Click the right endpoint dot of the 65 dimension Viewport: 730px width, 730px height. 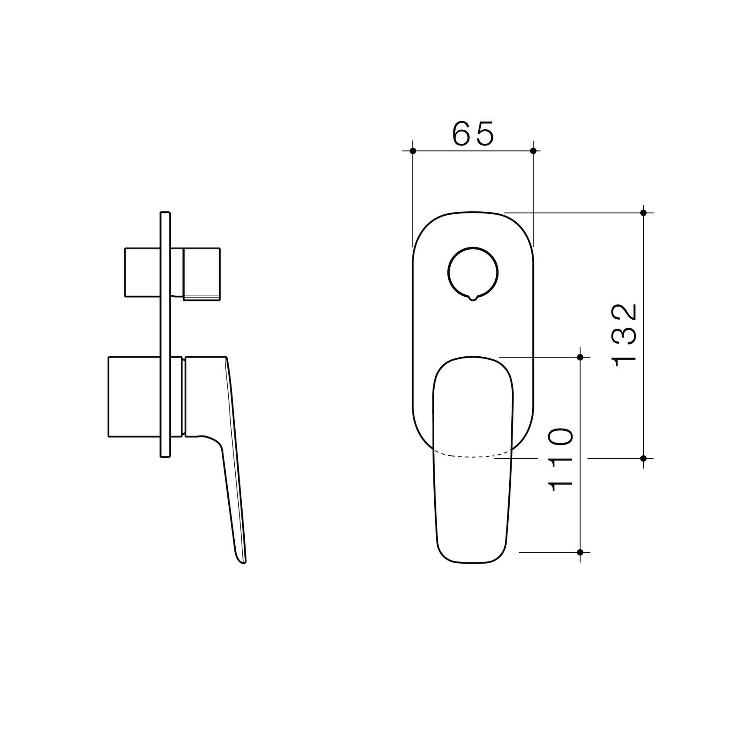click(x=533, y=151)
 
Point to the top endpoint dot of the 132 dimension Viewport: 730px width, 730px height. click(x=644, y=213)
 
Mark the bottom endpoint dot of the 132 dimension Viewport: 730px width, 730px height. click(x=644, y=458)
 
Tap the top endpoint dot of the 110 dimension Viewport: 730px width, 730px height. click(x=580, y=357)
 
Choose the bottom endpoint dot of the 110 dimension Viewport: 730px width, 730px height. click(x=580, y=552)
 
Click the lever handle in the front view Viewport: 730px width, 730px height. click(x=472, y=501)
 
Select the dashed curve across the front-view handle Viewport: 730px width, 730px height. click(x=472, y=456)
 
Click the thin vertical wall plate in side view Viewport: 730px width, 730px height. click(x=166, y=335)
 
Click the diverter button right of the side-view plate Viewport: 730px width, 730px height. click(x=201, y=274)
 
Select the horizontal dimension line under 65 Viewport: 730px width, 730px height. click(x=473, y=151)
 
